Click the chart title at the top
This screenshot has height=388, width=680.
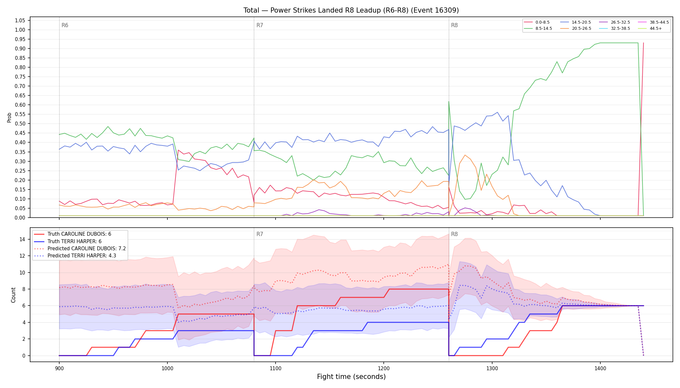click(x=351, y=10)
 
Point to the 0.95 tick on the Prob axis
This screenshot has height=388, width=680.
click(x=20, y=39)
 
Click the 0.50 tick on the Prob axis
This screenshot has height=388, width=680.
click(x=20, y=124)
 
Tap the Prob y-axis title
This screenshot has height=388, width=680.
click(x=9, y=117)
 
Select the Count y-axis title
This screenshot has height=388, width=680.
click(x=13, y=295)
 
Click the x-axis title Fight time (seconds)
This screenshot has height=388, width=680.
click(x=351, y=377)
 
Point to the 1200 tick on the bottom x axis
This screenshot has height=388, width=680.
click(x=384, y=368)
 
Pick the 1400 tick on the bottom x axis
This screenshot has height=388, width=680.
click(x=600, y=368)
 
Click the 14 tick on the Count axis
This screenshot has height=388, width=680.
click(x=22, y=240)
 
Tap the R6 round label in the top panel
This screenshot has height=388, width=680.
click(x=65, y=26)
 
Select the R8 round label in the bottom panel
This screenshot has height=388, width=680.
click(x=454, y=234)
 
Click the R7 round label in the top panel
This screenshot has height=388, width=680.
click(x=260, y=26)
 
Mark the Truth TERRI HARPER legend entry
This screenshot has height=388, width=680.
click(x=68, y=242)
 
